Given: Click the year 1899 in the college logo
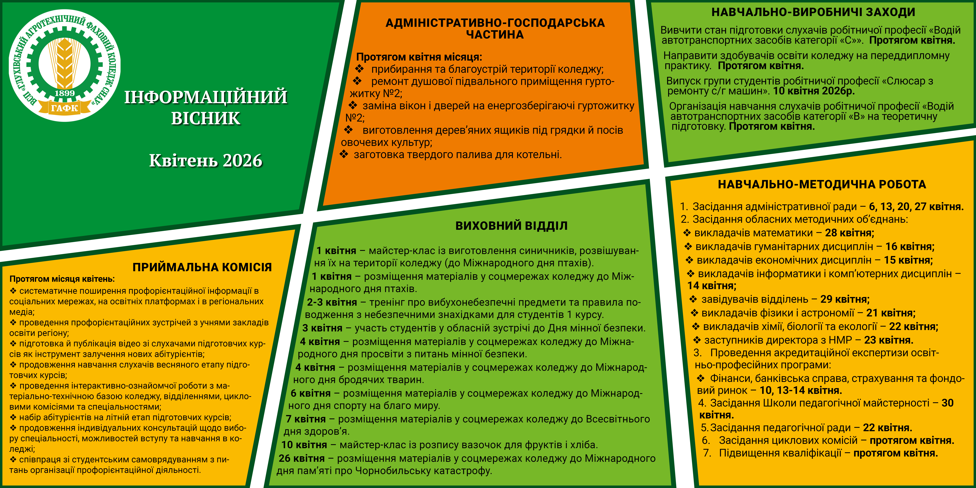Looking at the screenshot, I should (65, 93).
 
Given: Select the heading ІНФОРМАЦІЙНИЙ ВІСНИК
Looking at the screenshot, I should (206, 107).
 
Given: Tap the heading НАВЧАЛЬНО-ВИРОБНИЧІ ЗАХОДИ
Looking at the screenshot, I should (813, 12).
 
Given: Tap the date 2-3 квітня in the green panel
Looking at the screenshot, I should (332, 302).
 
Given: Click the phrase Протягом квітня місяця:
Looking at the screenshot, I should (419, 57).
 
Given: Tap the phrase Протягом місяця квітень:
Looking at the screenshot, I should (62, 279).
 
